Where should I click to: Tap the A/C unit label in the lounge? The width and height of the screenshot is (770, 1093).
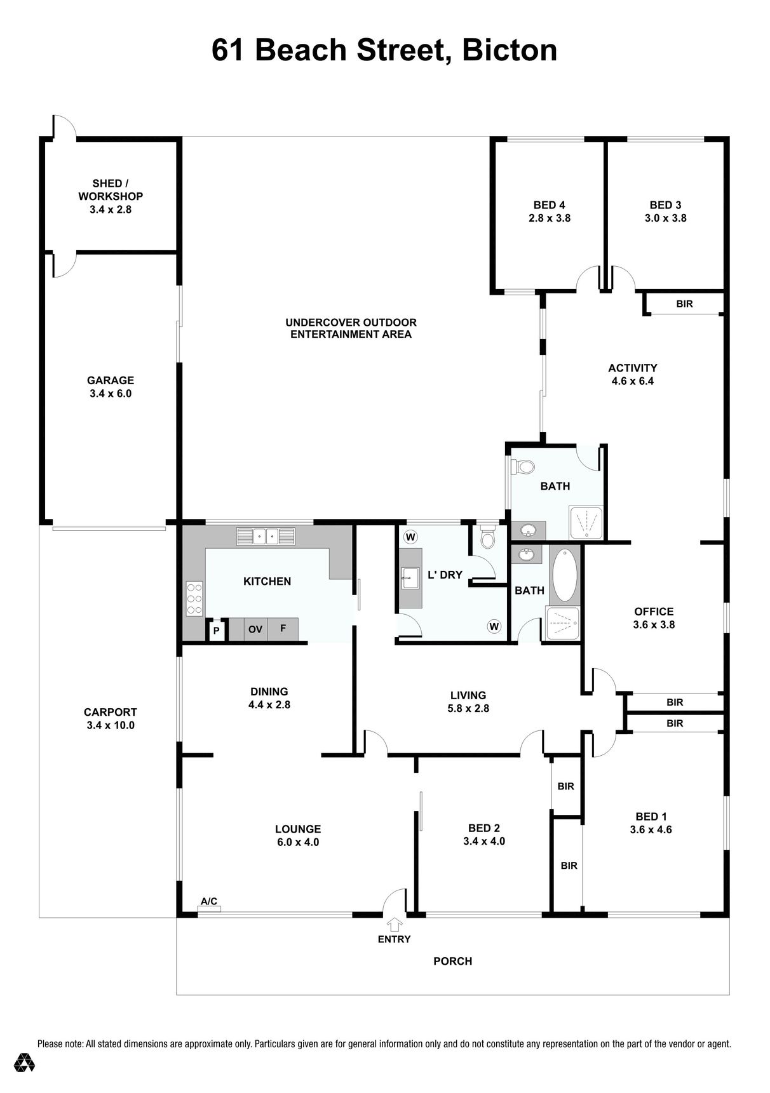click(x=209, y=901)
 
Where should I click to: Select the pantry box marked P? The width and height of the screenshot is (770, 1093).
click(x=216, y=631)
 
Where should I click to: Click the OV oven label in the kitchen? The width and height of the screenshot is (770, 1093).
click(x=255, y=629)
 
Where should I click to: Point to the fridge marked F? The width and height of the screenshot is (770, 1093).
click(x=283, y=629)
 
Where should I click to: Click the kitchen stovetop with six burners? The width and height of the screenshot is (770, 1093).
click(x=194, y=599)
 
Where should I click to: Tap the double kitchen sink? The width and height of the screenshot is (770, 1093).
click(x=266, y=537)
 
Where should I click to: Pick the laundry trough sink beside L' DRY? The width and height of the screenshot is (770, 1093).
click(x=410, y=577)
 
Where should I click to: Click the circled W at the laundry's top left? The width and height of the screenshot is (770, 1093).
click(x=411, y=537)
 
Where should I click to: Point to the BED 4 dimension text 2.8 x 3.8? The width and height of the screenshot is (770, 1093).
click(x=550, y=218)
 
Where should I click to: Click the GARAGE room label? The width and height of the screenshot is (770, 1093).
click(x=111, y=380)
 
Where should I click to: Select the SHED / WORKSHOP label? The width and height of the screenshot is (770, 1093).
click(x=111, y=190)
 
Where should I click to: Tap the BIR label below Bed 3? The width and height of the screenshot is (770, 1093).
click(x=684, y=304)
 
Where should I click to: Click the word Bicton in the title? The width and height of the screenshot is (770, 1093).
click(x=510, y=50)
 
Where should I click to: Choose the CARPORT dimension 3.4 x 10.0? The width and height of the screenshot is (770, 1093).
click(x=111, y=725)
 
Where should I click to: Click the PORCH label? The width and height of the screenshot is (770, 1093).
click(x=453, y=961)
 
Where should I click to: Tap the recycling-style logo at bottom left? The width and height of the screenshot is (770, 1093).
click(x=25, y=1063)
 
